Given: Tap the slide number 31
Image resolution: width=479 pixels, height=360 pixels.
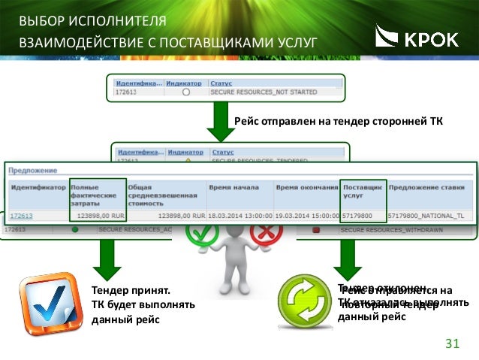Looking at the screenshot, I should click(x=452, y=344).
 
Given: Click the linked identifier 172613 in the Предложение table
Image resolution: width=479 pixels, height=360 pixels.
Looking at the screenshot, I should click(x=20, y=215).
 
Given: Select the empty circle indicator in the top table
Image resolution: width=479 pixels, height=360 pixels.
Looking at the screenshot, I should click(x=185, y=92).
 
